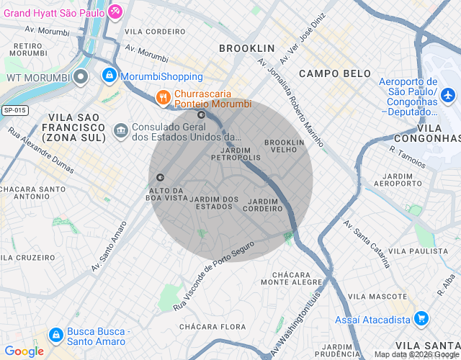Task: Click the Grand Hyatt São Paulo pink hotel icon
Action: (115, 12)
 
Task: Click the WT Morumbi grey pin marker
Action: (81, 76)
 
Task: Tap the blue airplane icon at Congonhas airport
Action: (448, 95)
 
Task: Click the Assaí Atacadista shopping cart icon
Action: (421, 318)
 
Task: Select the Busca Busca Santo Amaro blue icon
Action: (55, 335)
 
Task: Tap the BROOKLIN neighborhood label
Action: (247, 48)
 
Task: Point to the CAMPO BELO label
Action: (335, 73)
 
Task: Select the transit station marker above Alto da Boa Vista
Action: (160, 177)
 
